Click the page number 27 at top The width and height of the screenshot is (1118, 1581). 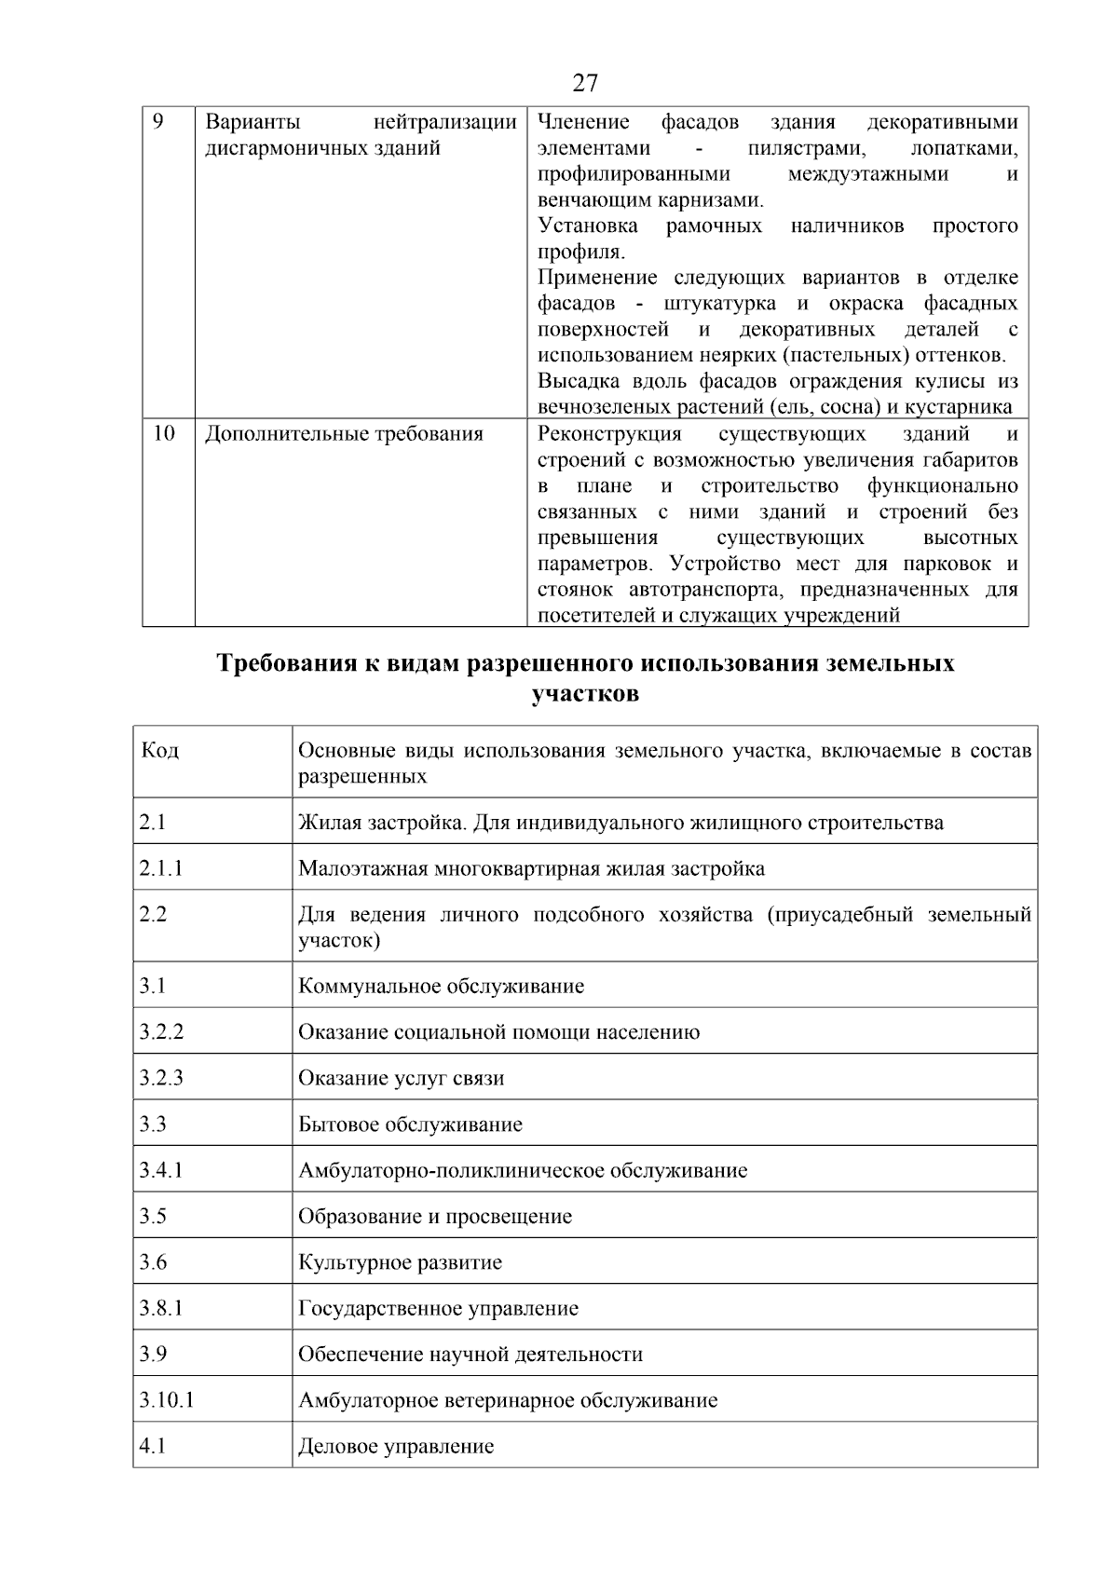pos(584,84)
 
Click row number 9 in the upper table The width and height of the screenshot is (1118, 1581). pos(157,122)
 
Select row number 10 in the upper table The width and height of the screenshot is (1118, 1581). pos(163,433)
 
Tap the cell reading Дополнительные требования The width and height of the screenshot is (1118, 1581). pos(344,434)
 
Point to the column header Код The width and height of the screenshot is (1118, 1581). pos(159,750)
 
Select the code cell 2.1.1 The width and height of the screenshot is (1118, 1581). pos(161,868)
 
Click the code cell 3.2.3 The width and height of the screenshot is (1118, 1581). pos(161,1078)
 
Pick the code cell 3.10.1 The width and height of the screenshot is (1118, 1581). pos(167,1399)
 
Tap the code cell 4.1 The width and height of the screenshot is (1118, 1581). pos(152,1446)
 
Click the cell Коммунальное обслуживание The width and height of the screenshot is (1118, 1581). pos(441,986)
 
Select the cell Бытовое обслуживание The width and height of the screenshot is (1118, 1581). pos(410,1124)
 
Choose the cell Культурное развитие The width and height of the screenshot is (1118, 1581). pos(400,1262)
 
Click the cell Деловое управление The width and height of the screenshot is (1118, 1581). pos(396,1446)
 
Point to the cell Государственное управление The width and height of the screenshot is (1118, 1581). pos(438,1308)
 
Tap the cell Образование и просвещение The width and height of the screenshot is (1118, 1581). pos(435,1217)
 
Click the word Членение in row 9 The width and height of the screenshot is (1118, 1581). pos(583,122)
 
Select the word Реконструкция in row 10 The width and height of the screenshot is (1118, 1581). pos(609,434)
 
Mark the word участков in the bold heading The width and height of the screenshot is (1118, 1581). pos(585,694)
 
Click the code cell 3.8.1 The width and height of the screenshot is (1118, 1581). pos(161,1308)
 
